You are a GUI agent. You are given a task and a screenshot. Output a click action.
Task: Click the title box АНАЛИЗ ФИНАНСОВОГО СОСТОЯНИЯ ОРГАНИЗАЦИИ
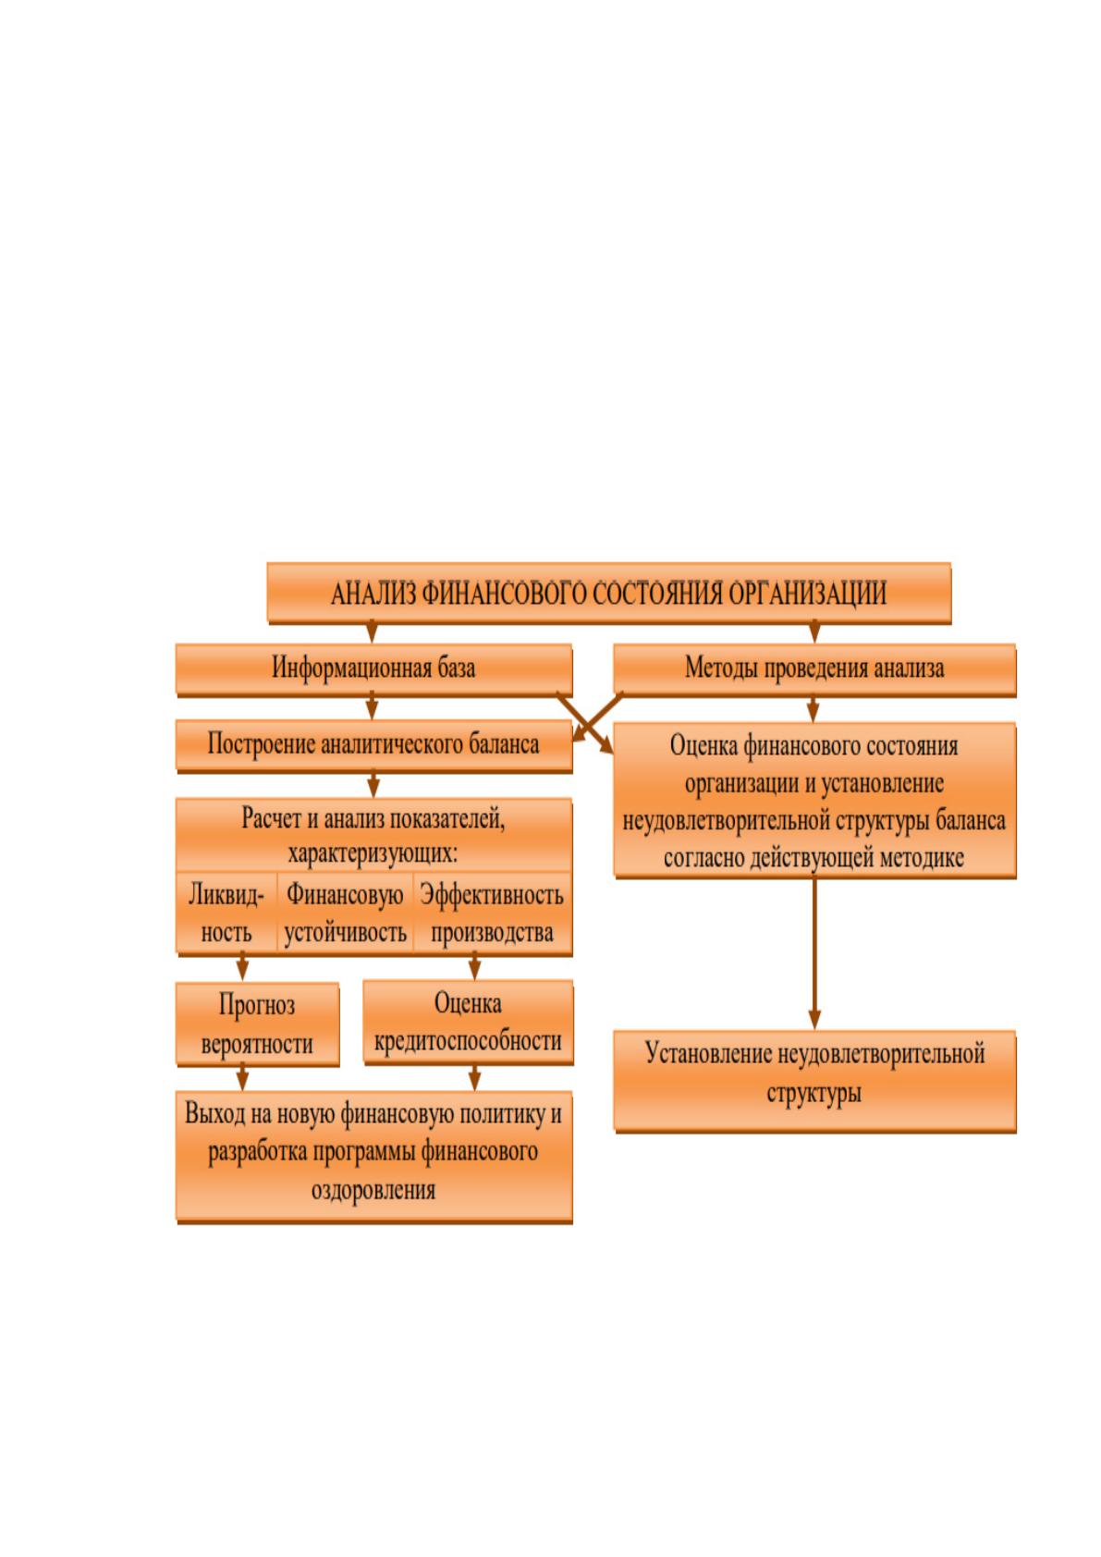pyautogui.click(x=609, y=593)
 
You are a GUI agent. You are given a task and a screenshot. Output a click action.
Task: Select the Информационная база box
pyautogui.click(x=374, y=668)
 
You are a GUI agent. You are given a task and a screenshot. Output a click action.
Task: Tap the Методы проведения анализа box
pyautogui.click(x=814, y=668)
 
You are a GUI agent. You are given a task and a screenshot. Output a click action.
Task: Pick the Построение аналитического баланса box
pyautogui.click(x=374, y=745)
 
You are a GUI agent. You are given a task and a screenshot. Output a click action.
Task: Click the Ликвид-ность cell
pyautogui.click(x=226, y=913)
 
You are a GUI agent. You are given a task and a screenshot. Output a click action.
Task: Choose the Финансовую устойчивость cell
pyautogui.click(x=346, y=913)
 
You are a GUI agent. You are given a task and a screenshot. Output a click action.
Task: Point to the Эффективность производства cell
pyautogui.click(x=492, y=913)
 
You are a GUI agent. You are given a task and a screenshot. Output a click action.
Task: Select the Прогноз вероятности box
pyautogui.click(x=257, y=1024)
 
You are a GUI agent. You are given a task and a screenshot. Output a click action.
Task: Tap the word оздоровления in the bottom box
pyautogui.click(x=373, y=1191)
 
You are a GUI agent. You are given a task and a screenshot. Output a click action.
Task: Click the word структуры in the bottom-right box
pyautogui.click(x=814, y=1094)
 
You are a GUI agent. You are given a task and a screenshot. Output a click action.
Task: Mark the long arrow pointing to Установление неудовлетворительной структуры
pyautogui.click(x=814, y=953)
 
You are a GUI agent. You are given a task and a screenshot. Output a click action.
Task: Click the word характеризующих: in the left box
pyautogui.click(x=373, y=852)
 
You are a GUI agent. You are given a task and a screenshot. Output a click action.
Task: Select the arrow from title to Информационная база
pyautogui.click(x=372, y=631)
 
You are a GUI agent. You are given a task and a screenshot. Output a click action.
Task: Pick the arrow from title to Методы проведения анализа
pyautogui.click(x=814, y=631)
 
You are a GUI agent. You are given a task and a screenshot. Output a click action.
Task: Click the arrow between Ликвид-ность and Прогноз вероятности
pyautogui.click(x=242, y=967)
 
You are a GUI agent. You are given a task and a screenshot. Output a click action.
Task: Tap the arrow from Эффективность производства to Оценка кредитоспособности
pyautogui.click(x=475, y=967)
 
